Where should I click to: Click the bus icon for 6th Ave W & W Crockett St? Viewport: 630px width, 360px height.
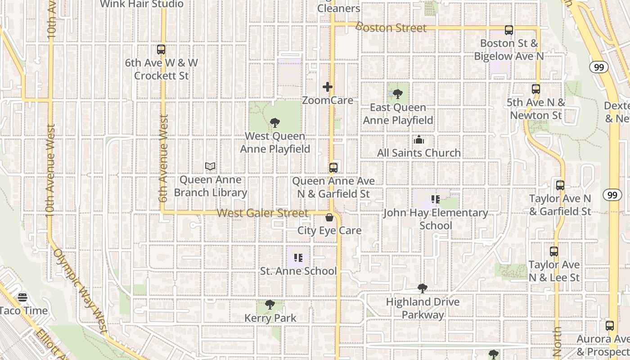161,49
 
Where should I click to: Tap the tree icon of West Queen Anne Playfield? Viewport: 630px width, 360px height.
275,123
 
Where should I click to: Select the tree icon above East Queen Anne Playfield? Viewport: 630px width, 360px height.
397,94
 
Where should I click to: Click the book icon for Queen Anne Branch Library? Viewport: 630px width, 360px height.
210,166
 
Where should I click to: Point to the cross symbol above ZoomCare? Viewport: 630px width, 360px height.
328,87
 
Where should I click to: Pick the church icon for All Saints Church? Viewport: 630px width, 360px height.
419,140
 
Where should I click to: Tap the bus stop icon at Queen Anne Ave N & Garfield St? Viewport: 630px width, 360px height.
333,168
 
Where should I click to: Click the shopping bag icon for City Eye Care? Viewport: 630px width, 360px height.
329,218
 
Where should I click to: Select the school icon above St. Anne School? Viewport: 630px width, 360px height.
298,258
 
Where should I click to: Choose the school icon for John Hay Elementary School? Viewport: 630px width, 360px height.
435,199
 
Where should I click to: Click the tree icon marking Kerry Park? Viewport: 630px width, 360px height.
270,305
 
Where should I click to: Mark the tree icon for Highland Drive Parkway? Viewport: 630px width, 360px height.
422,288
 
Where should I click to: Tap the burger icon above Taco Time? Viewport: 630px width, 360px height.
22,297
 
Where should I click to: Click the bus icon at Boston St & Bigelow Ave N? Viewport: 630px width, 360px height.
509,30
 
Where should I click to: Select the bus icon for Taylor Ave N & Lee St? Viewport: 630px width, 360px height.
554,252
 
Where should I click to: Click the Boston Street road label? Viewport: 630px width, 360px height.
391,27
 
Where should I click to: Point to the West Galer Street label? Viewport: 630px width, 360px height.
263,213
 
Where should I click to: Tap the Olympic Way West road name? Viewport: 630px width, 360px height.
81,290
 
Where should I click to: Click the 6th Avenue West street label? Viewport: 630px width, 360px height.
163,157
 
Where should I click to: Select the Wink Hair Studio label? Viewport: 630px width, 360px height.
142,4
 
